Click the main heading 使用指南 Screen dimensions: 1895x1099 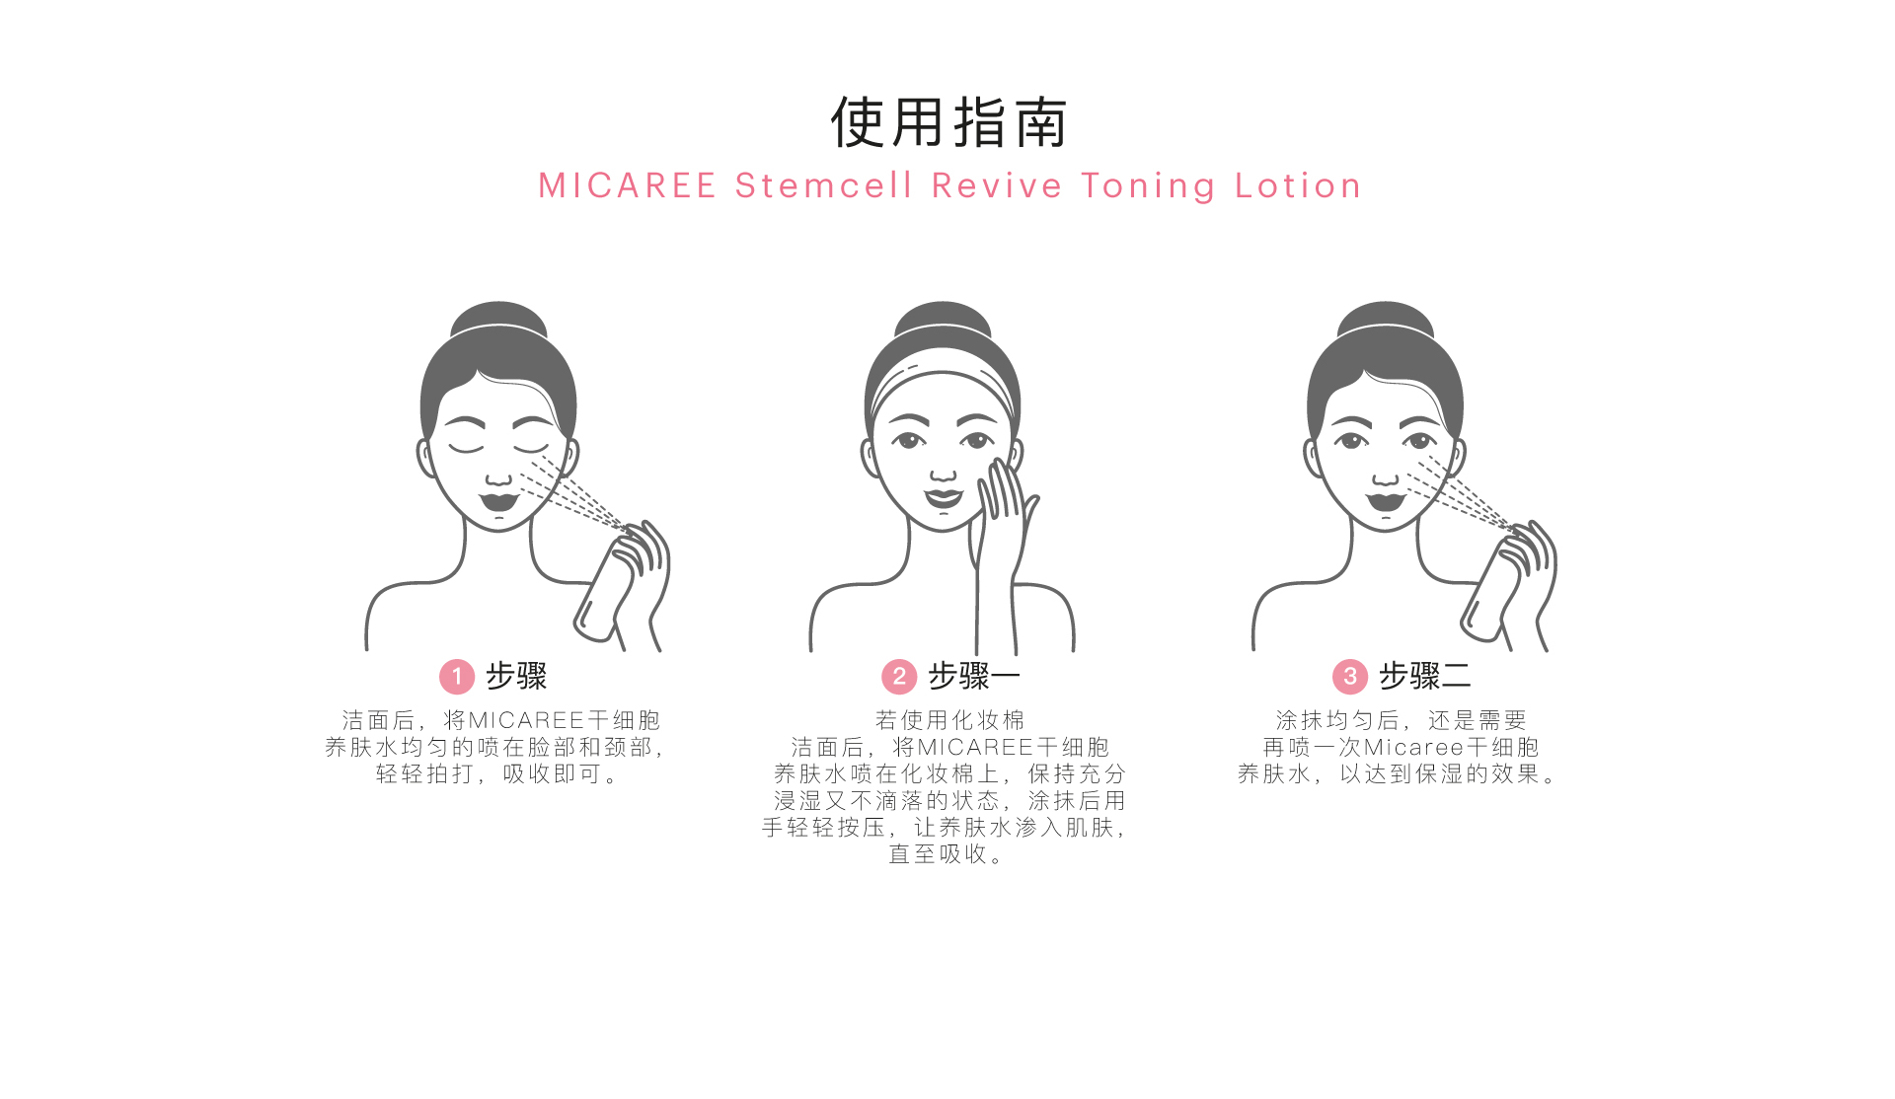(x=948, y=122)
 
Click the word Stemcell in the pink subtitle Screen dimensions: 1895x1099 (x=823, y=185)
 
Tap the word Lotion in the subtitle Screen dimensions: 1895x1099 (x=1298, y=185)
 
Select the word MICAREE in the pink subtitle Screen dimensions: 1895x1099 (x=627, y=185)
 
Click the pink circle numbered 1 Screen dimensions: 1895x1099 (x=457, y=677)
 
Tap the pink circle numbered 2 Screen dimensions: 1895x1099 (x=899, y=677)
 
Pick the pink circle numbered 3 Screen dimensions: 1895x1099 (x=1350, y=677)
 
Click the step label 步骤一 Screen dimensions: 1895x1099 (x=973, y=676)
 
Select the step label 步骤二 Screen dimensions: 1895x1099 (x=1424, y=676)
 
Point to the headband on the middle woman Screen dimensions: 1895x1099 (x=943, y=380)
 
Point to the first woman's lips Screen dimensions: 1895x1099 (x=499, y=499)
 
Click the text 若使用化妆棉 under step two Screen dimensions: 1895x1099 (x=949, y=720)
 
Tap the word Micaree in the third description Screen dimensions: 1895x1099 (x=1413, y=747)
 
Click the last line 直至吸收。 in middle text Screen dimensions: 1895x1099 (x=947, y=853)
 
